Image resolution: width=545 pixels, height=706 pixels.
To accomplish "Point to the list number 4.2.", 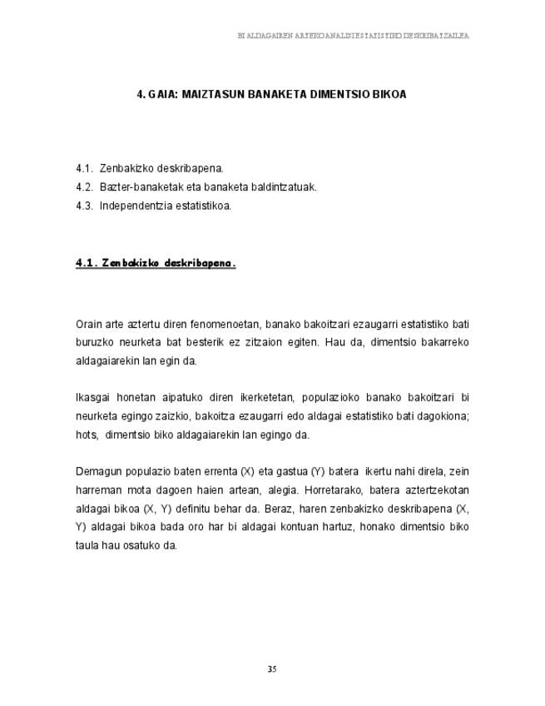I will [x=83, y=187].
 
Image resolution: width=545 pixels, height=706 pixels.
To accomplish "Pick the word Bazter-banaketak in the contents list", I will [x=137, y=187].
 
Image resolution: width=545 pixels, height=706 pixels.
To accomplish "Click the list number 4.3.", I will [x=83, y=206].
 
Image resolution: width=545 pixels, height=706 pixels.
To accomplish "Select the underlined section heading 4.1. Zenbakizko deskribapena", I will [x=156, y=264].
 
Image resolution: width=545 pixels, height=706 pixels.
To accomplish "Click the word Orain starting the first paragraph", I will [x=89, y=324].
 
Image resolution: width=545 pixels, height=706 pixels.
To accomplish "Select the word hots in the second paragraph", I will [x=86, y=434].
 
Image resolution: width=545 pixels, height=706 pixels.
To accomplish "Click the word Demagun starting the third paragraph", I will [x=97, y=471].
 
